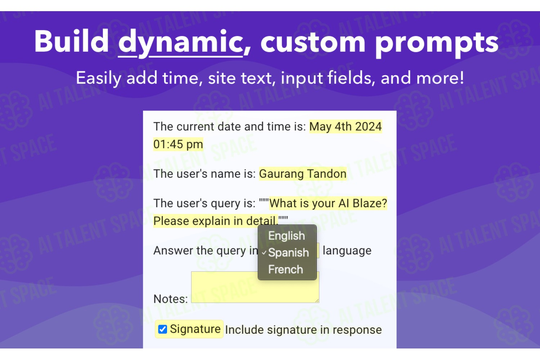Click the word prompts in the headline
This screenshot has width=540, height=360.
click(437, 44)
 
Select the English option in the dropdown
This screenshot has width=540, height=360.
click(287, 235)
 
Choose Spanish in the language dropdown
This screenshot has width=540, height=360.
click(289, 252)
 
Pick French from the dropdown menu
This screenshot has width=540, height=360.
click(285, 269)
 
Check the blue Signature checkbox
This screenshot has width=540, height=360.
click(162, 329)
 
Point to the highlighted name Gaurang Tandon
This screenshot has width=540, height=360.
click(303, 174)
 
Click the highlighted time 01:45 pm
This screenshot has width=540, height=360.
click(178, 144)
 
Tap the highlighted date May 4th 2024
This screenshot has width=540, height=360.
click(346, 127)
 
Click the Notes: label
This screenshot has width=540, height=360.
click(170, 299)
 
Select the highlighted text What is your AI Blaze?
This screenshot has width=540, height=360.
click(328, 203)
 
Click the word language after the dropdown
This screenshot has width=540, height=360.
click(347, 251)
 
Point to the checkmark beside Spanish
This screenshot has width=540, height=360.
click(264, 253)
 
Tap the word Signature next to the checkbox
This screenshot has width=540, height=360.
click(195, 329)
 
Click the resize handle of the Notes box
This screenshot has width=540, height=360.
click(317, 301)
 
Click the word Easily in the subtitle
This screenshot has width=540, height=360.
click(99, 78)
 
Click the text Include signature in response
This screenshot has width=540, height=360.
click(303, 330)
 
